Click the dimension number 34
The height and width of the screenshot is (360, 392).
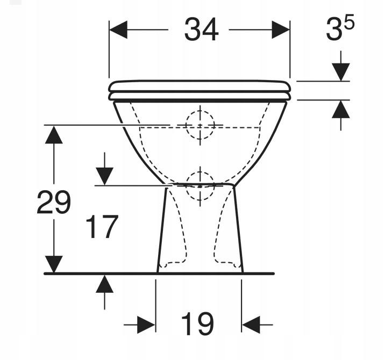coord(201,30)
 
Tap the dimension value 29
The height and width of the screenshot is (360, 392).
coord(53,203)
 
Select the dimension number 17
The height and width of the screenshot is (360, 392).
coord(102,227)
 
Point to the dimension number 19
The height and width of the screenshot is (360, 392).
coord(197,325)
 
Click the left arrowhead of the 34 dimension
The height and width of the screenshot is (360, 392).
coord(118,30)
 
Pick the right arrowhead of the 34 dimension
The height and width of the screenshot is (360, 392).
coord(281,30)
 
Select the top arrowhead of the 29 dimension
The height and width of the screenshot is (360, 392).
coord(53,134)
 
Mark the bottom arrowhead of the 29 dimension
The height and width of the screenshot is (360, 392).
coord(53,264)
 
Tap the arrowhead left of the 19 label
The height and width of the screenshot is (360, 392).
coord(146,325)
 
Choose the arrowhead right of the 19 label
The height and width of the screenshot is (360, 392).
coord(251,325)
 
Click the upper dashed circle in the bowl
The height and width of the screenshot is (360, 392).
coord(199,125)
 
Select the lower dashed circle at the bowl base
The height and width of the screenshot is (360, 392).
coord(199,183)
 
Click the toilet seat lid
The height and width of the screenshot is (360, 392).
coord(199,86)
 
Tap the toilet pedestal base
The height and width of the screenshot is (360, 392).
coord(199,242)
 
